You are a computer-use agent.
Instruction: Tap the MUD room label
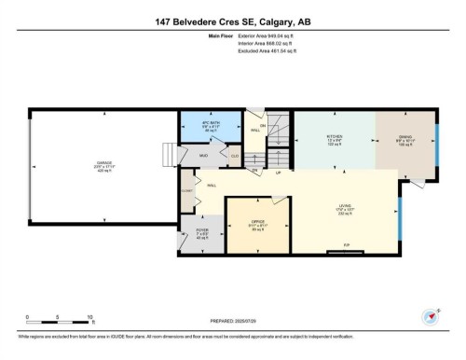202,156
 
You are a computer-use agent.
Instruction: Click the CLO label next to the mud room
235,156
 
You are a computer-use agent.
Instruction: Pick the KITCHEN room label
334,137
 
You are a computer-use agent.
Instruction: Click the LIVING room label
345,208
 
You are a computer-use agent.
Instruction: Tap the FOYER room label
202,229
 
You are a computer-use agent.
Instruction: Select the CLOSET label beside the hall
186,189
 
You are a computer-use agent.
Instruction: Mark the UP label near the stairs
277,173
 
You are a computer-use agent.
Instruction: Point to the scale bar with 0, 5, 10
58,321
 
